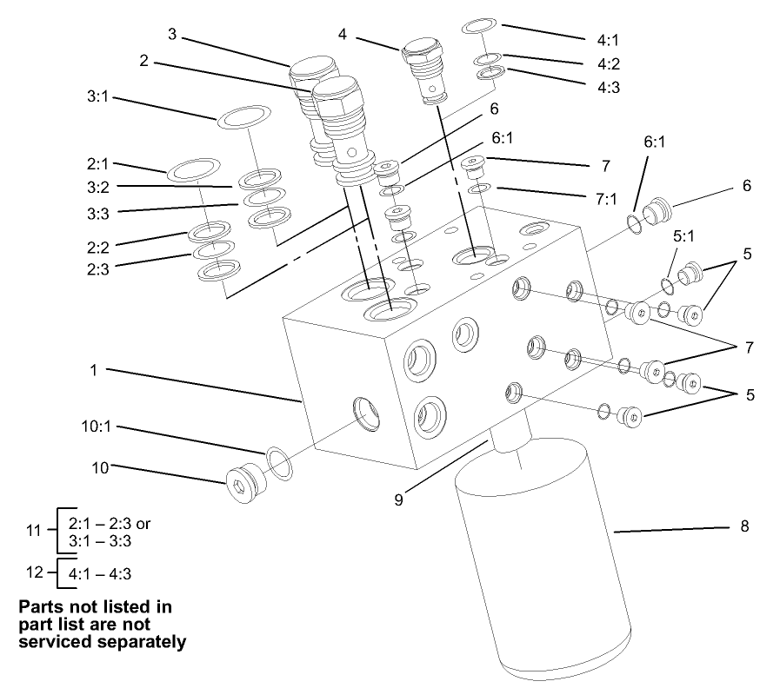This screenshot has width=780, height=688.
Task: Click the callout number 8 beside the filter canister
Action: click(x=744, y=526)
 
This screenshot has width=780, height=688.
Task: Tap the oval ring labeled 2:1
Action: click(x=190, y=169)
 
